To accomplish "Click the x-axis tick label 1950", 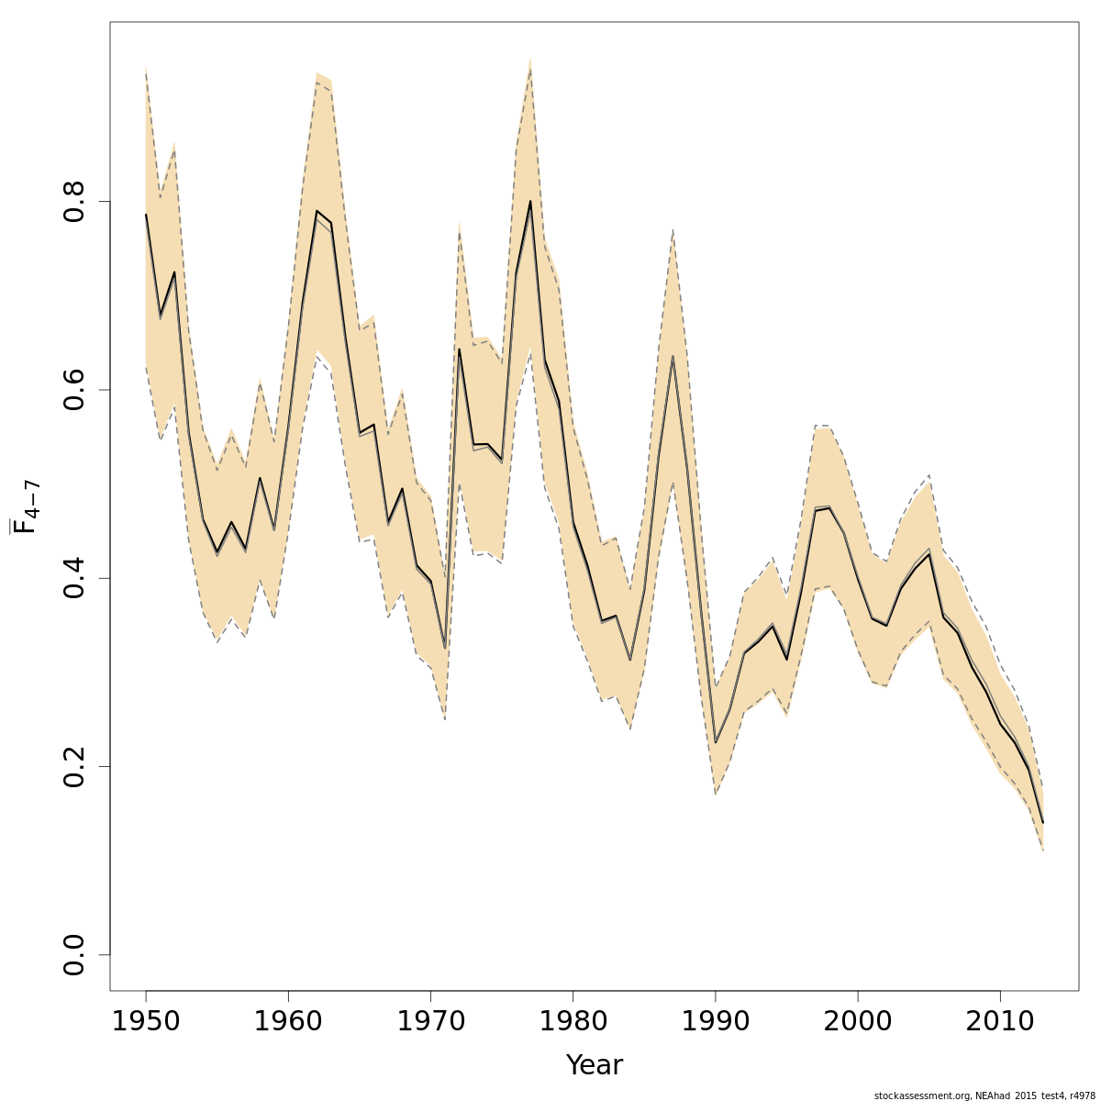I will tap(146, 1021).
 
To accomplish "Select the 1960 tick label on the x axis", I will tap(288, 1021).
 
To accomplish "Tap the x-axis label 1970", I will tap(431, 1021).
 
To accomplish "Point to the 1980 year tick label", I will tap(573, 1021).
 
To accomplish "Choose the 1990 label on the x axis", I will tap(716, 1021).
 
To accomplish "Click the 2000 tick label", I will tap(858, 1021).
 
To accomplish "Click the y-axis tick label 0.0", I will tap(75, 954).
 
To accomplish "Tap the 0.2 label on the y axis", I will tap(75, 766).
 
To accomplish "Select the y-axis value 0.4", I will tap(75, 578).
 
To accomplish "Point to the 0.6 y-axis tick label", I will tap(75, 389).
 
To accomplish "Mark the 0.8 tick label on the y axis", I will tap(75, 201).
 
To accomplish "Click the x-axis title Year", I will tap(594, 1065).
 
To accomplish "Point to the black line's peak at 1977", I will tap(530, 201).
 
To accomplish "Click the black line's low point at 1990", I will tap(716, 742).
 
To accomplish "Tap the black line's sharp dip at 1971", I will tap(445, 649).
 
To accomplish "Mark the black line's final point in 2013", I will tap(1043, 822).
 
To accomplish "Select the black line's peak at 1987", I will tap(673, 356).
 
